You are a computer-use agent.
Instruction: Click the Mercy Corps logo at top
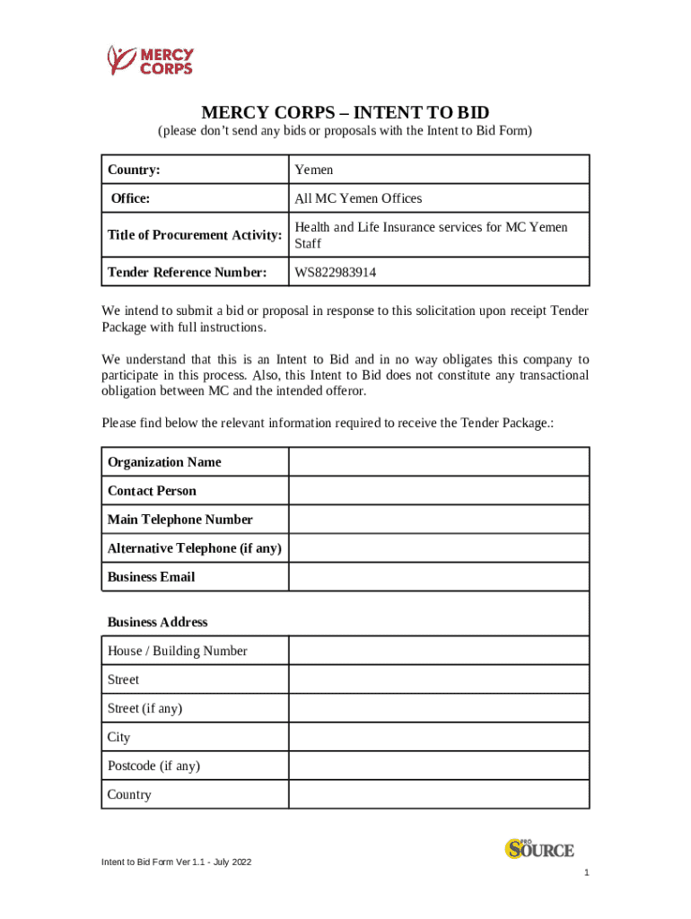coord(150,60)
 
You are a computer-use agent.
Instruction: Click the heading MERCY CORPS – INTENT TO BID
coord(345,112)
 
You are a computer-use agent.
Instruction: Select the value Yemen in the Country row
coord(313,170)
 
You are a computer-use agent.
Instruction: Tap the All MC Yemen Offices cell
coord(357,198)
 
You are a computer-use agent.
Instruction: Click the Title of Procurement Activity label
coord(195,235)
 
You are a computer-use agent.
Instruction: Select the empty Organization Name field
coord(438,462)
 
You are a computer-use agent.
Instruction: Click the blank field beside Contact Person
coord(438,491)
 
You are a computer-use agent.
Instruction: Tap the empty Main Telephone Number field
coord(438,520)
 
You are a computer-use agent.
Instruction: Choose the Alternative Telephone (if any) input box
coord(438,548)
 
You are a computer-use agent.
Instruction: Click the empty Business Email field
coord(438,577)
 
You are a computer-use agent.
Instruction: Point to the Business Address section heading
coord(157,622)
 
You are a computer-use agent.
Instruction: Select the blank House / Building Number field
coord(438,651)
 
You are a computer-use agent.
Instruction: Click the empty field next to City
coord(438,737)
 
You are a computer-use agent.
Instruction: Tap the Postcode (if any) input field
coord(438,766)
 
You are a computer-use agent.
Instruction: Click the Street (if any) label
coord(144,708)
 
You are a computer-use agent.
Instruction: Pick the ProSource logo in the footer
coord(538,848)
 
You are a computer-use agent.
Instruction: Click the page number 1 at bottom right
coord(585,873)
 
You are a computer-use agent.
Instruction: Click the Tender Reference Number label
coord(187,272)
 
